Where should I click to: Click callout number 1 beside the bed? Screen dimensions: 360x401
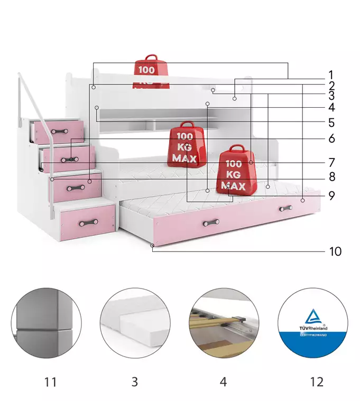[x=331, y=75]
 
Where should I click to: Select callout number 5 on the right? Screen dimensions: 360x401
[x=331, y=123]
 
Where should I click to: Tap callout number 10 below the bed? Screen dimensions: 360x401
[x=335, y=251]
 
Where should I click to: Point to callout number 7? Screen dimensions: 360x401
[x=331, y=162]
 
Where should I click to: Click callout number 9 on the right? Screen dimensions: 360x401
[x=331, y=195]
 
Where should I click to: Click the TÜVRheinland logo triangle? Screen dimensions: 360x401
[x=313, y=316]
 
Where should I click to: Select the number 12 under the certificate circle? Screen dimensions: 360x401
[x=317, y=382]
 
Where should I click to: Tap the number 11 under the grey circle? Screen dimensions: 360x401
[x=50, y=382]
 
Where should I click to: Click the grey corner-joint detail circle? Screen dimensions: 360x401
[x=47, y=323]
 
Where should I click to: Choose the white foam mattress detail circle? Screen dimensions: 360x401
[x=135, y=323]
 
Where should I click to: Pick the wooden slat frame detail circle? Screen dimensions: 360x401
[x=224, y=323]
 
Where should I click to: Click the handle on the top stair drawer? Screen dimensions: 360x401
[x=60, y=132]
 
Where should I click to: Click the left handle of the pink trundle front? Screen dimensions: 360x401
[x=211, y=223]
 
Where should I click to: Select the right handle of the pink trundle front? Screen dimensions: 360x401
[x=286, y=208]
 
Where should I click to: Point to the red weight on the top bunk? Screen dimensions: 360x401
[x=151, y=72]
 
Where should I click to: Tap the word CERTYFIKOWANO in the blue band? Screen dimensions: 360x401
[x=313, y=335]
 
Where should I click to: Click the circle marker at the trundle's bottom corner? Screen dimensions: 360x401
[x=152, y=246]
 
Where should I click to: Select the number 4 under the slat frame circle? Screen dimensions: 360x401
[x=224, y=382]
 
